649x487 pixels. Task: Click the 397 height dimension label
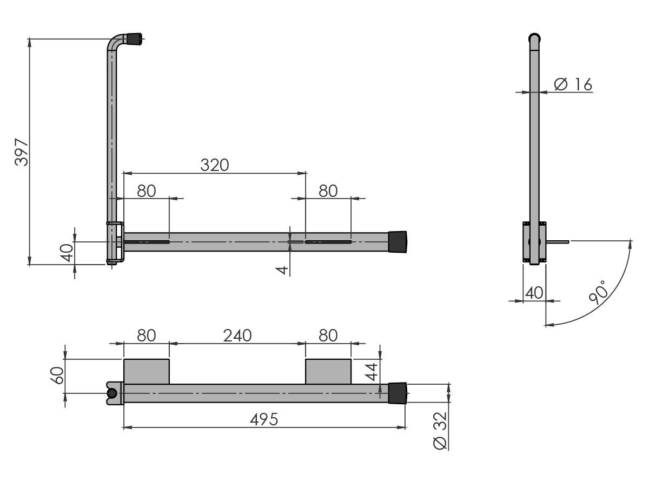[x=22, y=152]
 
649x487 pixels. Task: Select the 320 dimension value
[x=215, y=165]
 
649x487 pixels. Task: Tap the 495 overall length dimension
[x=264, y=419]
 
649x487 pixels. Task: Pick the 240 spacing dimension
[x=237, y=335]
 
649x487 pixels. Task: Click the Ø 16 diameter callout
[x=573, y=84]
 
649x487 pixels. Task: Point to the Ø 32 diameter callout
[x=440, y=431]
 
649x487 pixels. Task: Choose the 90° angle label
[x=598, y=292]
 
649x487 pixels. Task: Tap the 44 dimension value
[x=372, y=372]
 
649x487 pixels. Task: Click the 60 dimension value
[x=57, y=376]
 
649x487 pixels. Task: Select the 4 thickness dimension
[x=282, y=270]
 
